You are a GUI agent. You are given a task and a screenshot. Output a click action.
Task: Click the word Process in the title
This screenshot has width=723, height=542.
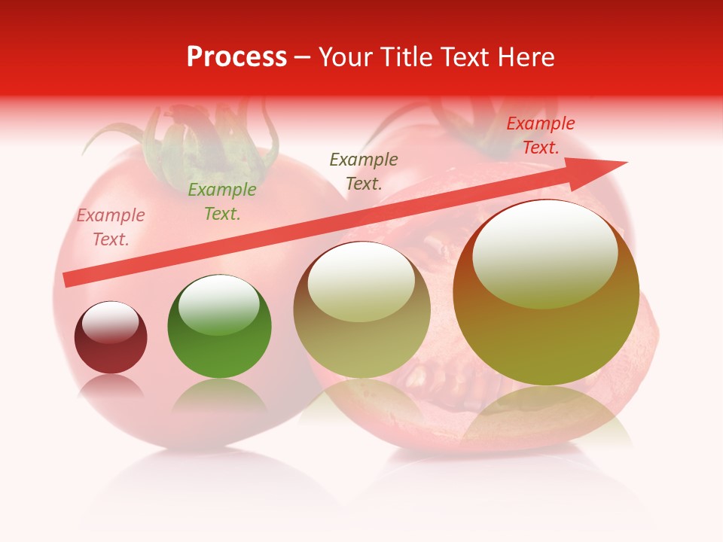click(236, 57)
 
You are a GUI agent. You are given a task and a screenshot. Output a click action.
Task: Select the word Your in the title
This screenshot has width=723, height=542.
click(346, 57)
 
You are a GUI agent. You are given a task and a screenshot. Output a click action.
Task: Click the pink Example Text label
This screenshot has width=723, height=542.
click(111, 227)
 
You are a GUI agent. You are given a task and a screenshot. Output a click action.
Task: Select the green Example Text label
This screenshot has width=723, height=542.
click(222, 202)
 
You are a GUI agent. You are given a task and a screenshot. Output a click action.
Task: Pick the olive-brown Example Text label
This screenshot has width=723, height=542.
click(364, 171)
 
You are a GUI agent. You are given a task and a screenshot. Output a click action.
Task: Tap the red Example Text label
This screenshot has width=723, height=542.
click(541, 135)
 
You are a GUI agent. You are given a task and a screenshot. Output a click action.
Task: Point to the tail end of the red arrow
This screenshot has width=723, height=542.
click(70, 279)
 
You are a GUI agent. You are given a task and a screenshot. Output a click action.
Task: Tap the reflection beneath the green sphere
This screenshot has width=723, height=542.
click(219, 395)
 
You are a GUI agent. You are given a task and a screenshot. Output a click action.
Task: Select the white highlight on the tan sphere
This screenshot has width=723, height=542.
click(361, 282)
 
